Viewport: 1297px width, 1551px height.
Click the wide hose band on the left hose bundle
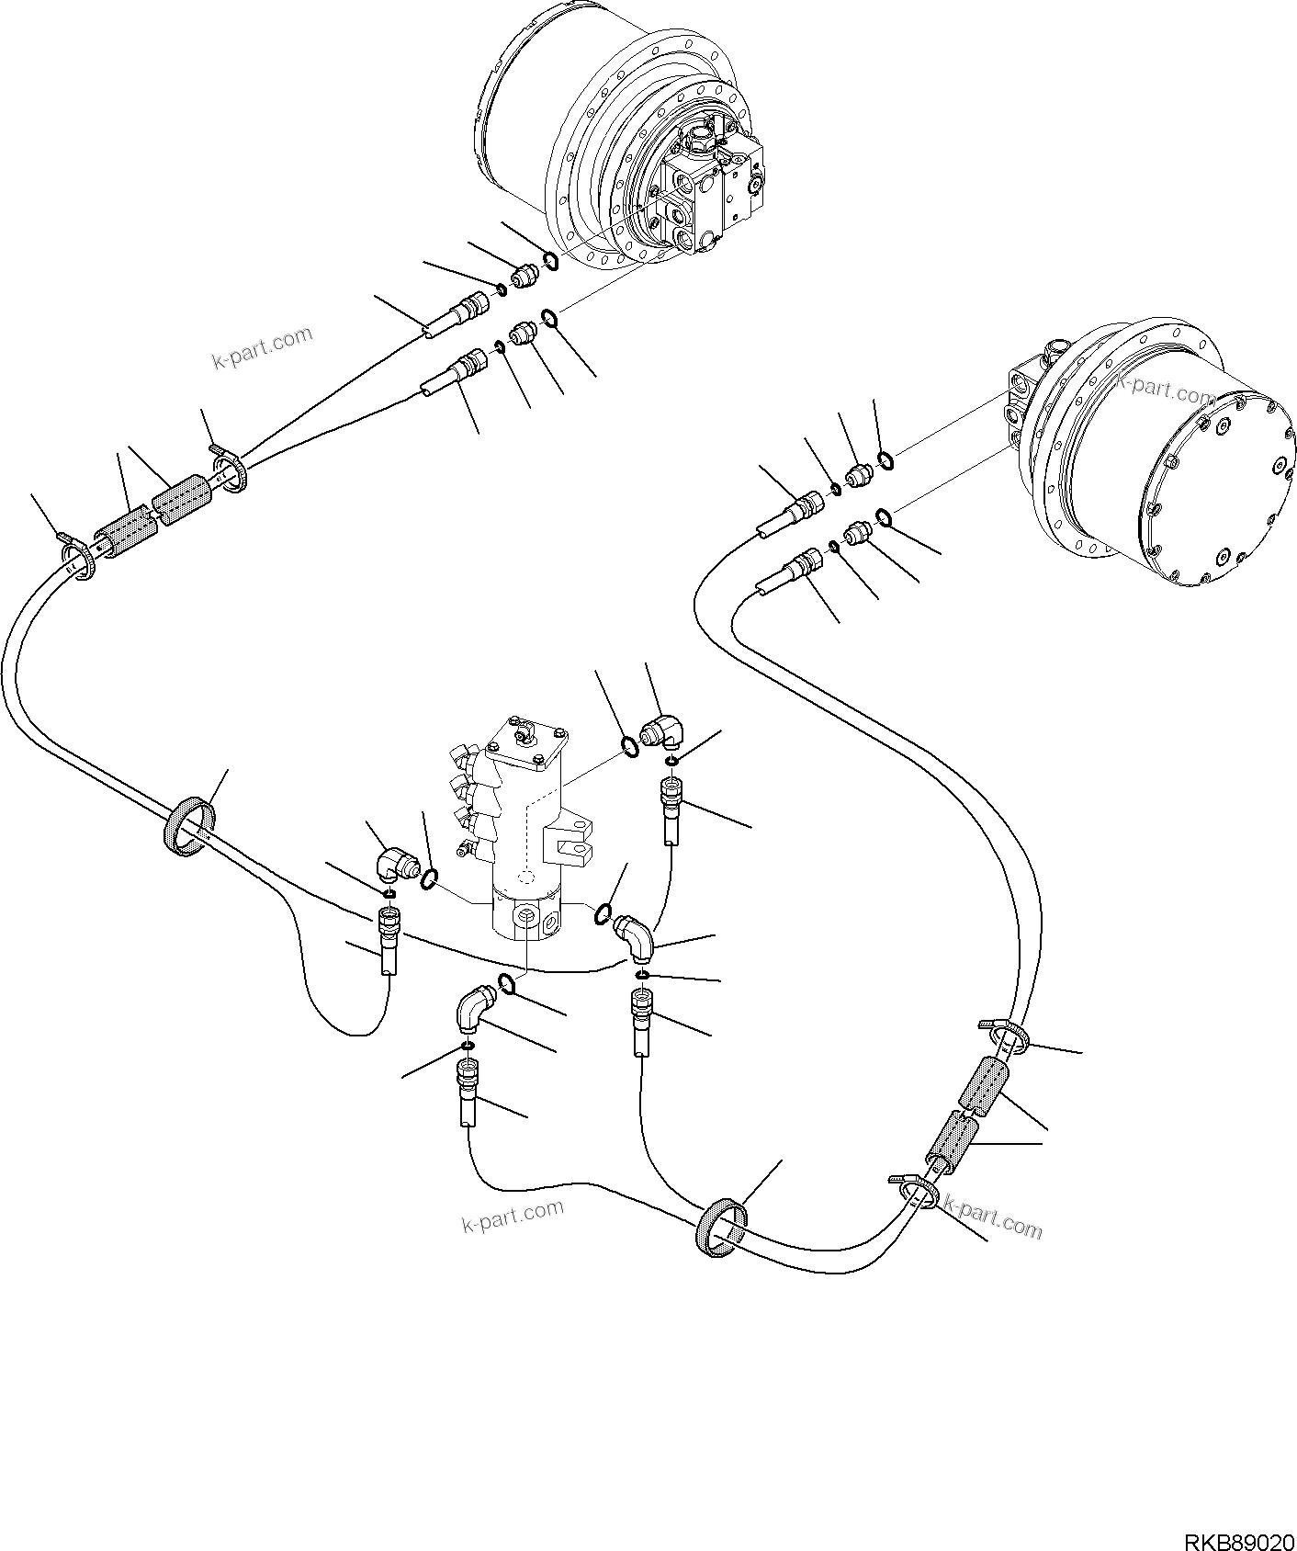click(x=192, y=828)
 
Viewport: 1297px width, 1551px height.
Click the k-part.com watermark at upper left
click(x=262, y=348)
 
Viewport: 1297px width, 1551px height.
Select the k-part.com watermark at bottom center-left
click(x=512, y=1217)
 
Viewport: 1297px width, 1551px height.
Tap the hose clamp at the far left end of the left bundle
click(x=78, y=559)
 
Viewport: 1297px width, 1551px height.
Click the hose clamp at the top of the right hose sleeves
click(x=1009, y=1038)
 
